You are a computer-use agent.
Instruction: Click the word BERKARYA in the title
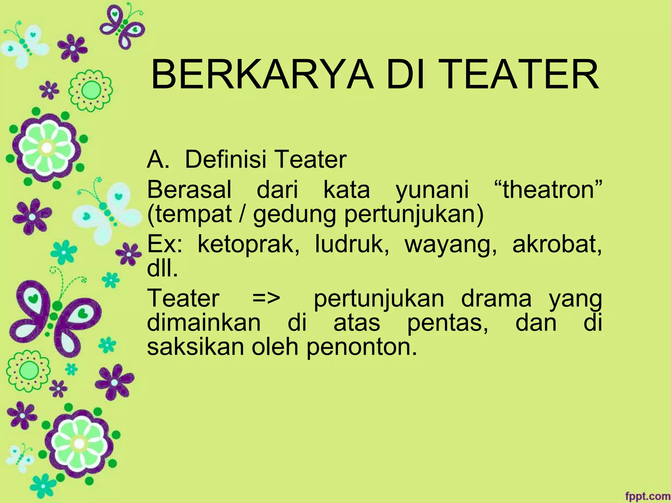[x=262, y=75]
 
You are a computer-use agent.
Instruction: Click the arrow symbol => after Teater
[x=266, y=298]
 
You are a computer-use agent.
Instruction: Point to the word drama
[x=496, y=298]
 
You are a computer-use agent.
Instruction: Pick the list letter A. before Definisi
[x=158, y=159]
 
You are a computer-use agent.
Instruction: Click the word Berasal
[x=189, y=190]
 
